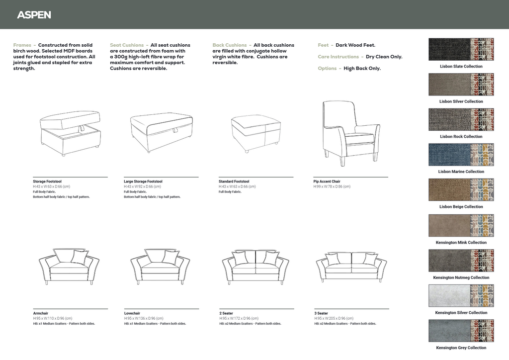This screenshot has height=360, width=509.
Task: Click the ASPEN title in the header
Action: point(34,15)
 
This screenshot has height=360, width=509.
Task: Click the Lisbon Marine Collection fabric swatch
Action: point(461,155)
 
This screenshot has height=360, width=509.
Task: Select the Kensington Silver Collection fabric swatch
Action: point(461,296)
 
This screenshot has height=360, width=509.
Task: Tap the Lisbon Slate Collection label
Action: point(461,66)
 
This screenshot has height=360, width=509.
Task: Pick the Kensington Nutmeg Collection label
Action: point(461,277)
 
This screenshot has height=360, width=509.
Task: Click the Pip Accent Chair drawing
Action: point(351,133)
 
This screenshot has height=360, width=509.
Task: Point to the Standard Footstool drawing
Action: point(256,134)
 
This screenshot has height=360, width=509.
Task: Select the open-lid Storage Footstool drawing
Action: point(71,133)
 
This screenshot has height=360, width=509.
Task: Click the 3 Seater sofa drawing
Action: point(351,267)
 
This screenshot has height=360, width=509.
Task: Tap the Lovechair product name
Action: point(132,313)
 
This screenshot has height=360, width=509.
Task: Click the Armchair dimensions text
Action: point(53,318)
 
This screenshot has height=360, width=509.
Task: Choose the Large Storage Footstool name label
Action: point(143,181)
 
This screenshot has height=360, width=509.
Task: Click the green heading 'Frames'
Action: point(22,45)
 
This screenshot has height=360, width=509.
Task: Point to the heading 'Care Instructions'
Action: point(338,57)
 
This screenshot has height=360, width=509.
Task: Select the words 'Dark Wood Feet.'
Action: point(355,45)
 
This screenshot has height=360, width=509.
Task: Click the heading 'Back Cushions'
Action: point(230,45)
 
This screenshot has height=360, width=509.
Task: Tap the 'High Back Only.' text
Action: point(362,69)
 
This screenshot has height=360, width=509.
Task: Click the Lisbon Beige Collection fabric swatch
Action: point(461,189)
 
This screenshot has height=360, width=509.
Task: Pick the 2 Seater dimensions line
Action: point(239,318)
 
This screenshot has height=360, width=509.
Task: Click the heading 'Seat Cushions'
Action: point(127,45)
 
